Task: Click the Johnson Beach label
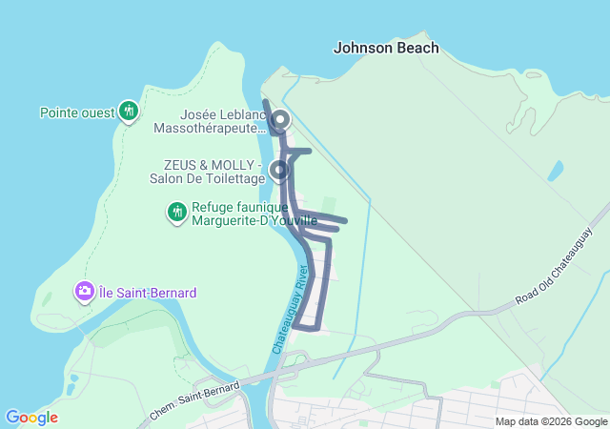pyautogui.click(x=386, y=48)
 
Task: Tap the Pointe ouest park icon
pyautogui.click(x=129, y=112)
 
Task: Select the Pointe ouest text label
pyautogui.click(x=77, y=112)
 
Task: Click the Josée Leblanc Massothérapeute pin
pyautogui.click(x=280, y=120)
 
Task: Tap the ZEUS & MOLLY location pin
pyautogui.click(x=279, y=171)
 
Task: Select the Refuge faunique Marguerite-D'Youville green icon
pyautogui.click(x=176, y=212)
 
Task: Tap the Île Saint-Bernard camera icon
pyautogui.click(x=85, y=290)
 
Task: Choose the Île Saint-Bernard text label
pyautogui.click(x=148, y=292)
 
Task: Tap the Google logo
pyautogui.click(x=31, y=418)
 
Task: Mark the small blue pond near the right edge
pyautogui.click(x=555, y=171)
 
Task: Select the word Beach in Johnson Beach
pyautogui.click(x=419, y=48)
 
